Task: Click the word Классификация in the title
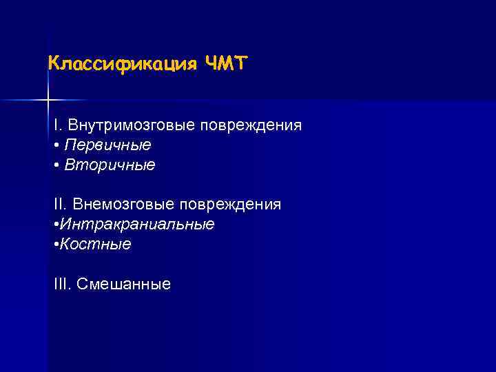click(x=123, y=64)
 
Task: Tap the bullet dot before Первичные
click(x=56, y=146)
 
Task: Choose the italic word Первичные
click(x=107, y=145)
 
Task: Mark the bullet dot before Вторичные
click(x=56, y=165)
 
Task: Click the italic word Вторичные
click(x=110, y=165)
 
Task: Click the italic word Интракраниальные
click(x=137, y=225)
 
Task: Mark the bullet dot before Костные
click(x=55, y=245)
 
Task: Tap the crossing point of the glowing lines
click(x=48, y=101)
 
